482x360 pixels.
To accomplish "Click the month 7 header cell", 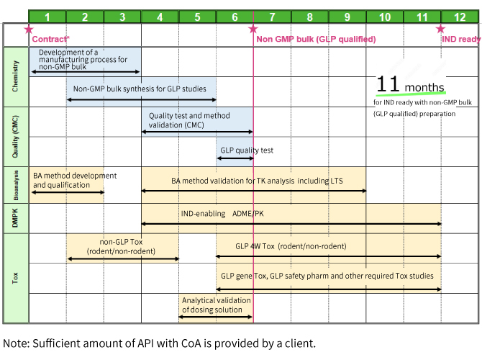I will pyautogui.click(x=272, y=17).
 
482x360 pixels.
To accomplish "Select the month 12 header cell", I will pyautogui.click(x=459, y=17).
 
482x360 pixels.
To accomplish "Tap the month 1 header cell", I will pyautogui.click(x=47, y=17).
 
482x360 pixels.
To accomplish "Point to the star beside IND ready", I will pyautogui.click(x=441, y=30).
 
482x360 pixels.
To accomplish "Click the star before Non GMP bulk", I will pyautogui.click(x=253, y=30).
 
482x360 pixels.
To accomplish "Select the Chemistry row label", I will pyautogui.click(x=16, y=77).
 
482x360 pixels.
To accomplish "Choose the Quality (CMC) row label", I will pyautogui.click(x=16, y=137).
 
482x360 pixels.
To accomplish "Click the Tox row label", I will pyautogui.click(x=16, y=277).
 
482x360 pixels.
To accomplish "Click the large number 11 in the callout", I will pyautogui.click(x=388, y=84).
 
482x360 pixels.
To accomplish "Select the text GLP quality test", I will pyautogui.click(x=247, y=150).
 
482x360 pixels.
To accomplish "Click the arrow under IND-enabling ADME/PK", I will pyautogui.click(x=291, y=224).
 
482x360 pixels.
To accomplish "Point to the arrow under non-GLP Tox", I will pyautogui.click(x=122, y=258).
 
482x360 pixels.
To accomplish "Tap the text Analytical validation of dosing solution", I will pyautogui.click(x=216, y=305).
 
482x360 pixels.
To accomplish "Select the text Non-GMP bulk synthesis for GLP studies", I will pyautogui.click(x=140, y=89).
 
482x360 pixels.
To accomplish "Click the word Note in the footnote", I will pyautogui.click(x=17, y=343).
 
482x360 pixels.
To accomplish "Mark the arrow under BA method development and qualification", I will pyautogui.click(x=67, y=192).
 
